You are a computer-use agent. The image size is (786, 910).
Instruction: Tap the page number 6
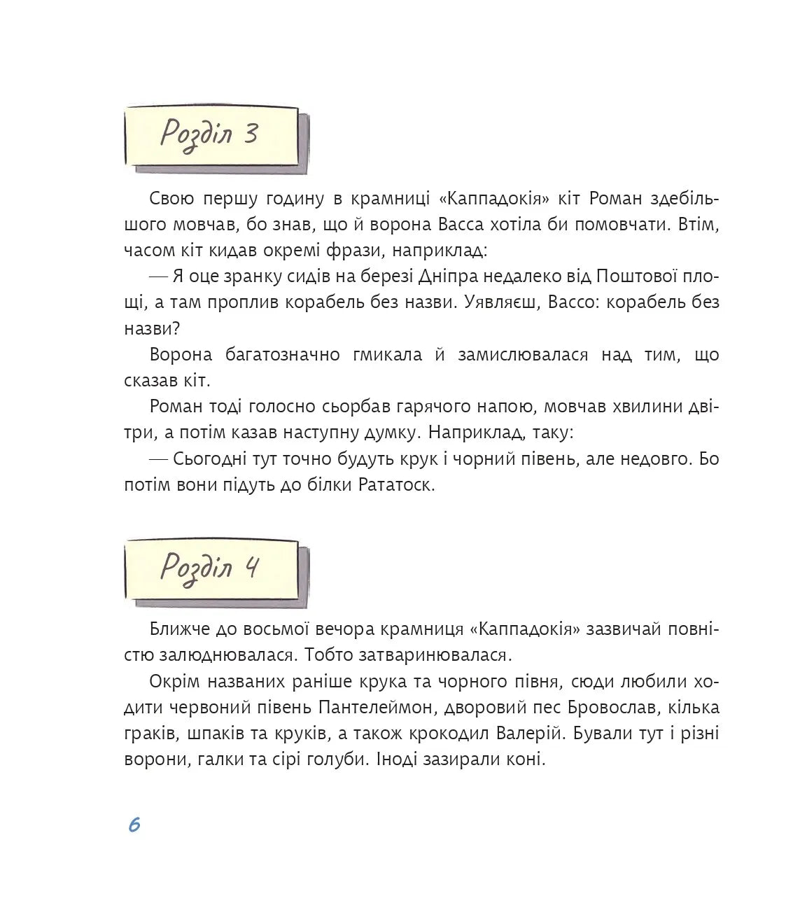(134, 825)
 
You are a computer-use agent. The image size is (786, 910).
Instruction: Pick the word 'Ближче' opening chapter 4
(176, 629)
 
